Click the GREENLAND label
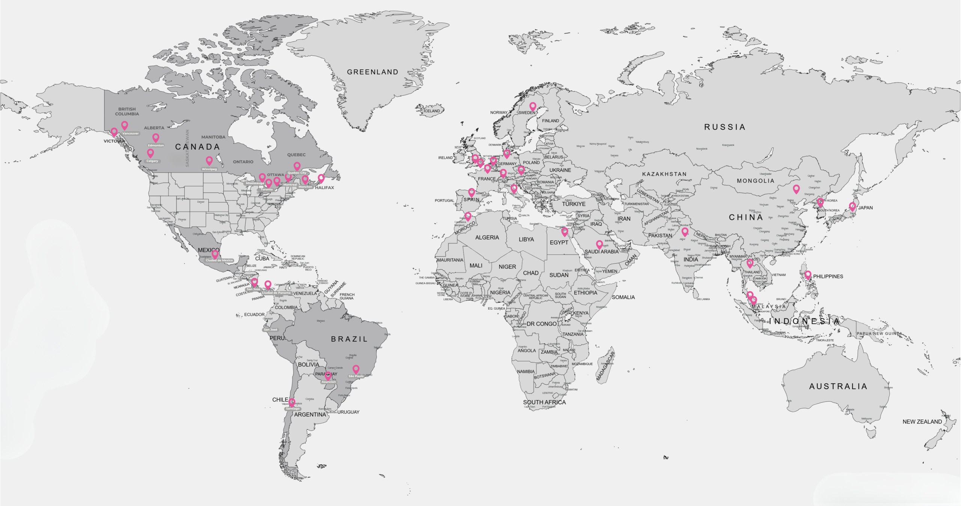coord(372,72)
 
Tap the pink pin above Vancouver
coord(124,125)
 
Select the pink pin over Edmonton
coord(155,137)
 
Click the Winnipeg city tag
coord(209,169)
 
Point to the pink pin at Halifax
coord(321,178)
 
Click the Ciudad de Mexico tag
coord(219,260)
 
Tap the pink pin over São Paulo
coord(355,369)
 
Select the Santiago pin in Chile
coord(292,402)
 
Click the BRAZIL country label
coord(349,339)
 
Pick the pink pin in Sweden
coord(532,106)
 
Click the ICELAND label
coord(432,111)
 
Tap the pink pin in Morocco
coord(468,216)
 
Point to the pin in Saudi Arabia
coord(599,244)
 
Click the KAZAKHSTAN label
coord(664,174)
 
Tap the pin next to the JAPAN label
coord(852,206)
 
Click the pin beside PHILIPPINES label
coord(808,274)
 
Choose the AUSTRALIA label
coord(838,386)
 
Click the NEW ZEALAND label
coord(922,422)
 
